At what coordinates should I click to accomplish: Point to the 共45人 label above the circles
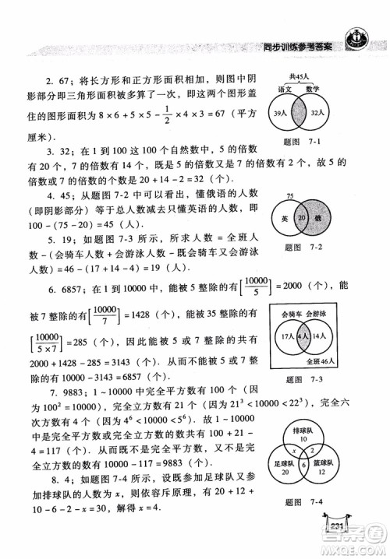point(301,76)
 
